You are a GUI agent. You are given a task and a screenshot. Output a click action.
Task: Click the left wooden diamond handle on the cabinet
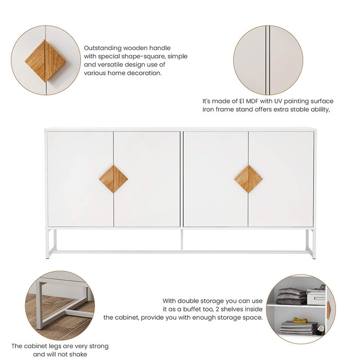pyautogui.click(x=113, y=179)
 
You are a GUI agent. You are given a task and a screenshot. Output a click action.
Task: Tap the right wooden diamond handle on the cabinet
pyautogui.click(x=248, y=179)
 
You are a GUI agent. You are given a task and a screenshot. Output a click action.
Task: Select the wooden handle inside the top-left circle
pyautogui.click(x=45, y=61)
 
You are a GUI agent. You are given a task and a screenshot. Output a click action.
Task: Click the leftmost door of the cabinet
pyautogui.click(x=80, y=179)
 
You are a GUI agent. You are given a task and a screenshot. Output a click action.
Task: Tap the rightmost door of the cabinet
pyautogui.click(x=281, y=179)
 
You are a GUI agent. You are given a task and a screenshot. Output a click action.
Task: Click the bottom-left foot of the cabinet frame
pyautogui.click(x=48, y=255)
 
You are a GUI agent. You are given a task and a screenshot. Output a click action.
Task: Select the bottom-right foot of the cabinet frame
pyautogui.click(x=312, y=255)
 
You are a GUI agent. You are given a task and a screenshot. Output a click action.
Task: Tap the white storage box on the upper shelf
pyautogui.click(x=315, y=297)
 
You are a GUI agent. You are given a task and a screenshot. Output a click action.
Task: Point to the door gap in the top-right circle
pyautogui.click(x=267, y=60)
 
